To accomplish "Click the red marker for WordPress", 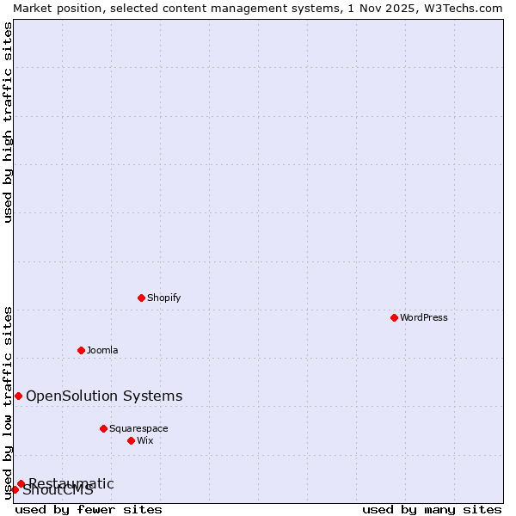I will coord(394,317).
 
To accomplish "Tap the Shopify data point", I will coord(141,298).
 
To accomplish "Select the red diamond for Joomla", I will coord(81,350).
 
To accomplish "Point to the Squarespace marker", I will coord(103,428).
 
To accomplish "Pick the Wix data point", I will coord(131,440).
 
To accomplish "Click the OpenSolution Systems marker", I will coord(18,396).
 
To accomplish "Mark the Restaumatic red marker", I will coord(21,483).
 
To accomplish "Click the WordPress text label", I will coord(424,317).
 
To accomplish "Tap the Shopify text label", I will coord(163,298).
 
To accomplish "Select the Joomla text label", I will coord(102,350).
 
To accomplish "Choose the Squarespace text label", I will coord(138,428).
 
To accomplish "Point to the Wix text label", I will coord(145,440).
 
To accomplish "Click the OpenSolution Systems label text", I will coord(104,396).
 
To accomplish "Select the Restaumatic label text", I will coord(71,483).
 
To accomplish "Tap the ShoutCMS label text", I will coord(58,491).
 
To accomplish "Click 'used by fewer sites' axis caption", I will coord(89,509).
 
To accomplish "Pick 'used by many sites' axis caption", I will coord(432,509).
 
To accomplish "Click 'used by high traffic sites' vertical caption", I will coord(8,122).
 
